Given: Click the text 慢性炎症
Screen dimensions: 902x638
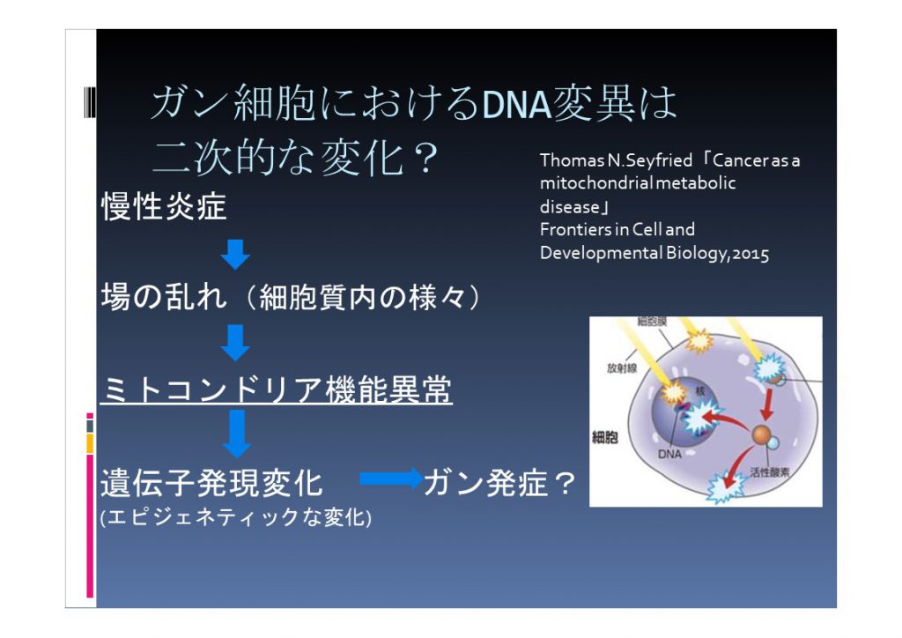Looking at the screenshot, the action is point(164,206).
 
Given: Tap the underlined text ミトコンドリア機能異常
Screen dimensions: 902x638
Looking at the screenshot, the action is point(276,389).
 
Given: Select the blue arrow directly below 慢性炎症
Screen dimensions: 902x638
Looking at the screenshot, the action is point(235,255).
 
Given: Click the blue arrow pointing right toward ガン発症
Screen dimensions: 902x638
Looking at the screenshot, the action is point(391,478).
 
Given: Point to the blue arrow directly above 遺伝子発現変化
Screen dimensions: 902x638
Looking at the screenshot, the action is point(236,434).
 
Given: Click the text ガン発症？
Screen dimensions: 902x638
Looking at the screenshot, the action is point(500,483).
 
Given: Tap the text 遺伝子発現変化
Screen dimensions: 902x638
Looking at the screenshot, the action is point(211,483).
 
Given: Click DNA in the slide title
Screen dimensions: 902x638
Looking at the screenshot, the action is point(516,104).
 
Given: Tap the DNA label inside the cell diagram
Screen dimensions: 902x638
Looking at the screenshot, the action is point(669,454).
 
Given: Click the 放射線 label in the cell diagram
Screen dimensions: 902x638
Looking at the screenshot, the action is point(622,367).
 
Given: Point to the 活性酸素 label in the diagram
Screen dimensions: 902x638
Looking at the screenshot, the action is point(770,472).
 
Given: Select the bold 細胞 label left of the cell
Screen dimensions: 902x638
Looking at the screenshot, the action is point(605,437).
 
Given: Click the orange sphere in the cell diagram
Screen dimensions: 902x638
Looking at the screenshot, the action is point(761,434).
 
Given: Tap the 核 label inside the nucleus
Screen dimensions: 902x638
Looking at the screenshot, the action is point(700,390).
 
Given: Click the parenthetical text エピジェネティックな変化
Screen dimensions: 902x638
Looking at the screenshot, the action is point(236,517).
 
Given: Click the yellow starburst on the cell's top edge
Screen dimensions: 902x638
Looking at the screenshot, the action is point(699,341).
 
